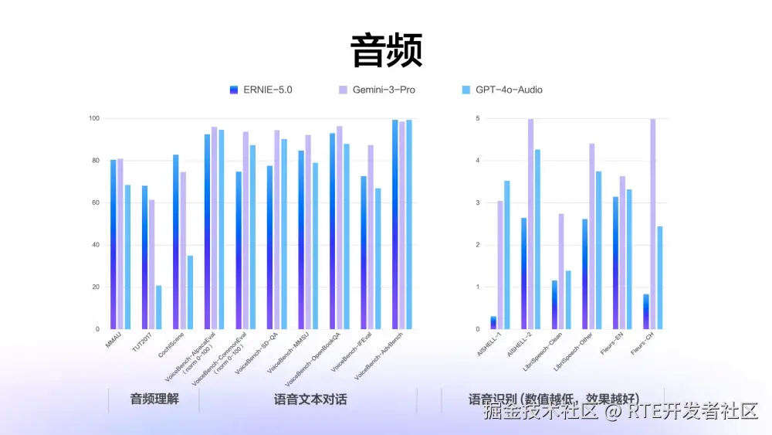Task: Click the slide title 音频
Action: click(x=386, y=51)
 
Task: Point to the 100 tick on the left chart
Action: click(x=93, y=118)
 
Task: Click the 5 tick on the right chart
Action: click(x=478, y=118)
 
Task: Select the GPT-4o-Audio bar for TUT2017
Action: click(x=159, y=308)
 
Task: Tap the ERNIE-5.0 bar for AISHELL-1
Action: click(x=493, y=323)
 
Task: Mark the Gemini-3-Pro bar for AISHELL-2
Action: click(x=530, y=224)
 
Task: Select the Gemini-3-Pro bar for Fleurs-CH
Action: click(x=653, y=224)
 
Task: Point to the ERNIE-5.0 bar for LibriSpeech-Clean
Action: click(x=554, y=304)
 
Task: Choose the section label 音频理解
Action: click(x=154, y=399)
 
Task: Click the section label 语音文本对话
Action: click(x=310, y=399)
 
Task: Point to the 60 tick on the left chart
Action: click(x=96, y=202)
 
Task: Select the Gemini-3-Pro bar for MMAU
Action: click(x=120, y=244)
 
